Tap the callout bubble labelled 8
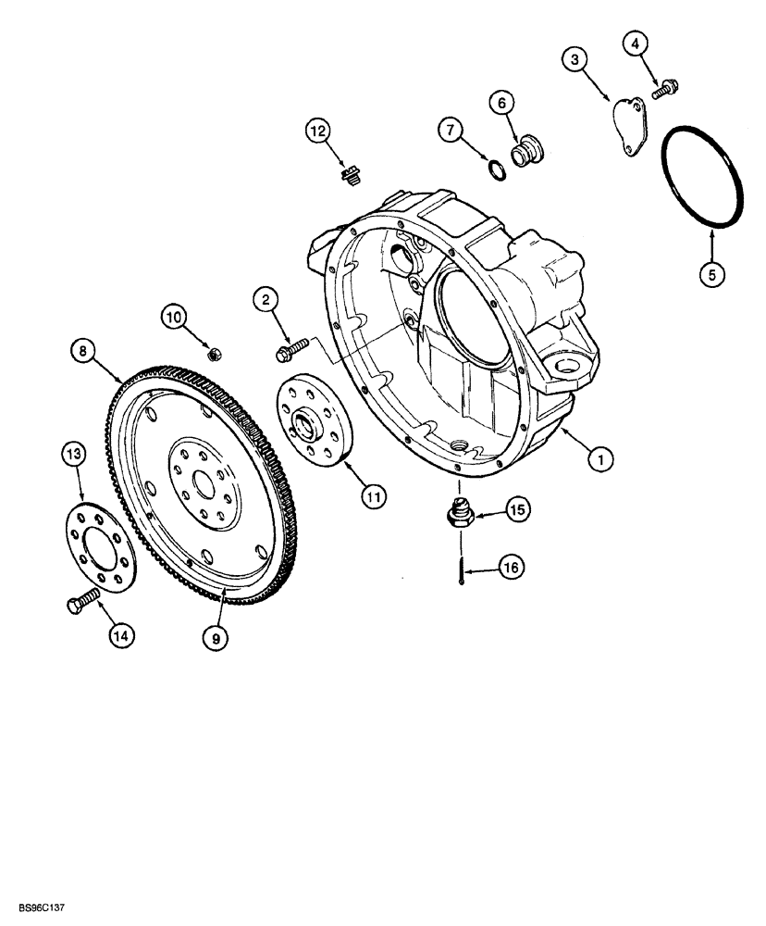tap(82, 350)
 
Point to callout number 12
tap(319, 132)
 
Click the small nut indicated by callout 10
tap(212, 352)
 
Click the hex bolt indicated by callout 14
tap(82, 605)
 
